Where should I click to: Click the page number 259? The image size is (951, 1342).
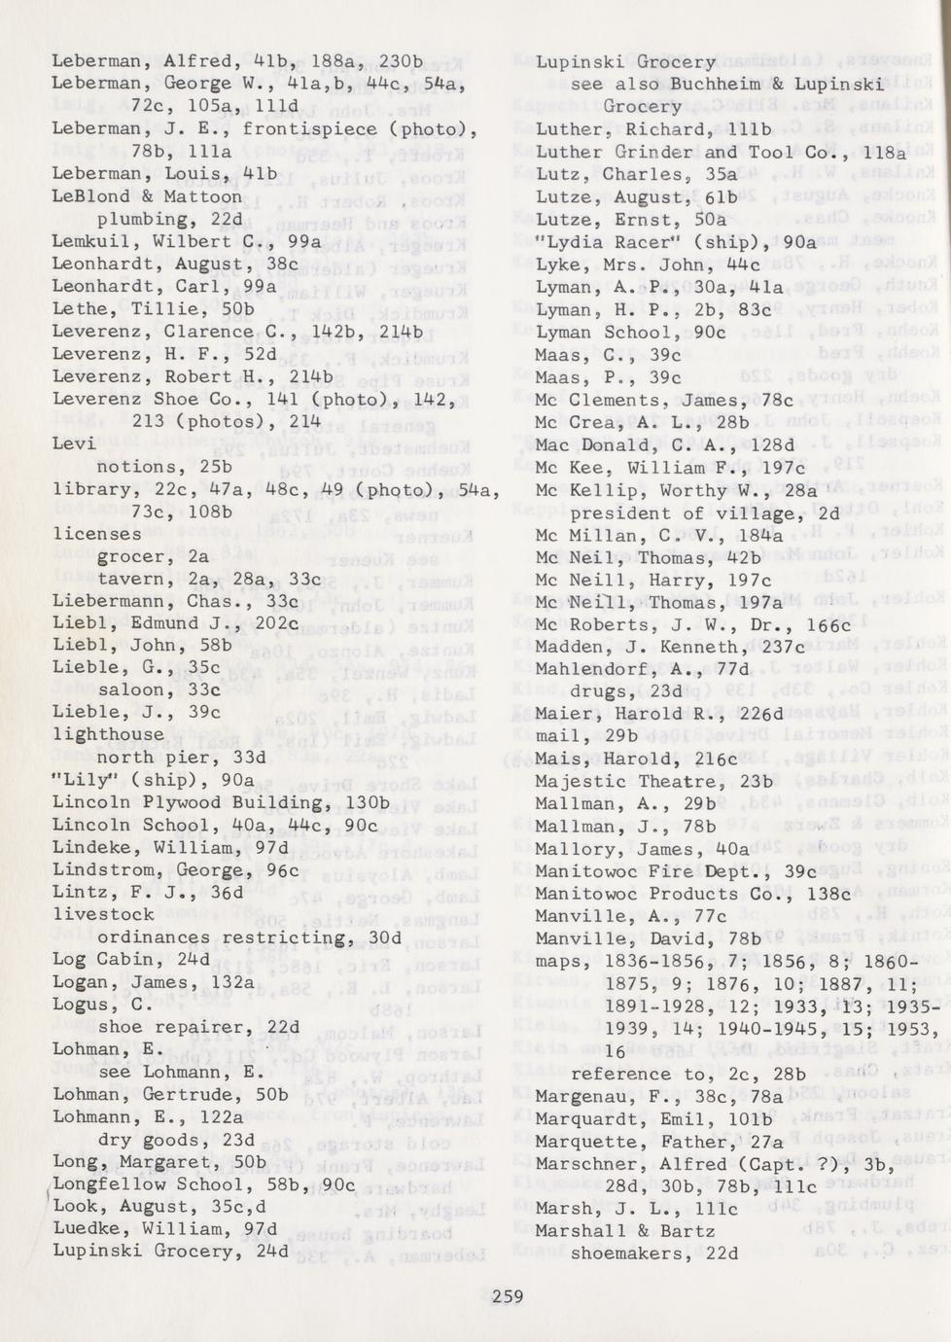click(x=508, y=1295)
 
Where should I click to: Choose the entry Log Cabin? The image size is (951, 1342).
click(x=109, y=959)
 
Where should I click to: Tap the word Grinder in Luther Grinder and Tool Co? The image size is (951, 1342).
click(x=652, y=153)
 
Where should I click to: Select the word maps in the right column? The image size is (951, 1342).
click(x=558, y=961)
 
